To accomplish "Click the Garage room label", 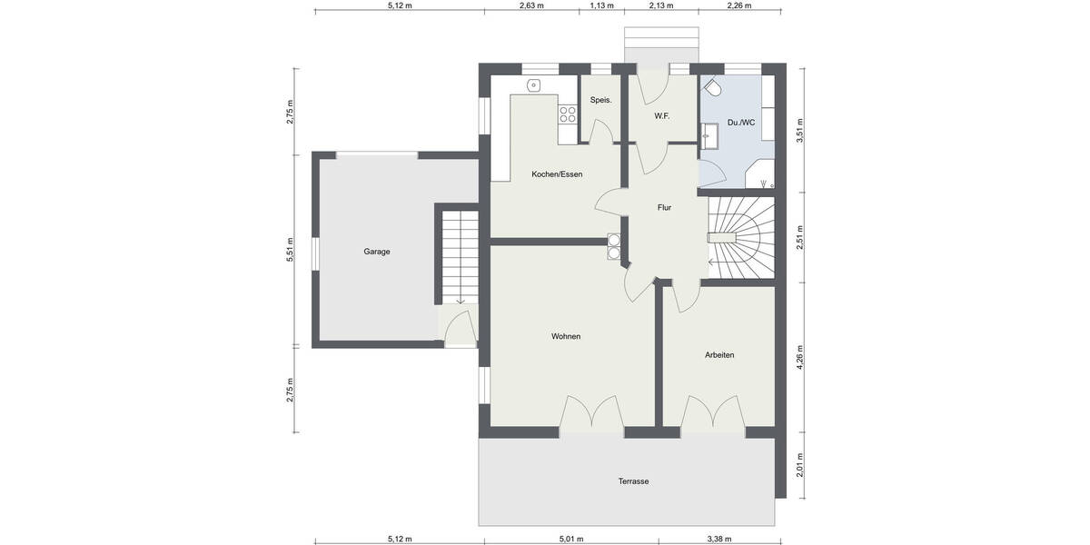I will coord(377,252).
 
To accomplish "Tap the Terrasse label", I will coord(634,481).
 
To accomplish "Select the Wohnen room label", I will coord(565,336).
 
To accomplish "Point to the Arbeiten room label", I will coord(718,354).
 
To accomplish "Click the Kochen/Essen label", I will coord(557,174).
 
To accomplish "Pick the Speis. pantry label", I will coord(600,100).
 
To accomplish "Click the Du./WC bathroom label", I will coord(741,123).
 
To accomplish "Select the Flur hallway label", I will coord(664,208).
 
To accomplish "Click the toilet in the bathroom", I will coord(712,89).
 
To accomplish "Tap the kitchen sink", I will coord(535,86).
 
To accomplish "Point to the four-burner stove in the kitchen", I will coord(568,114).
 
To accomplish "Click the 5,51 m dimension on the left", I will coord(290,251).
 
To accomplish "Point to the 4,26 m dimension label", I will coord(799,356).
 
